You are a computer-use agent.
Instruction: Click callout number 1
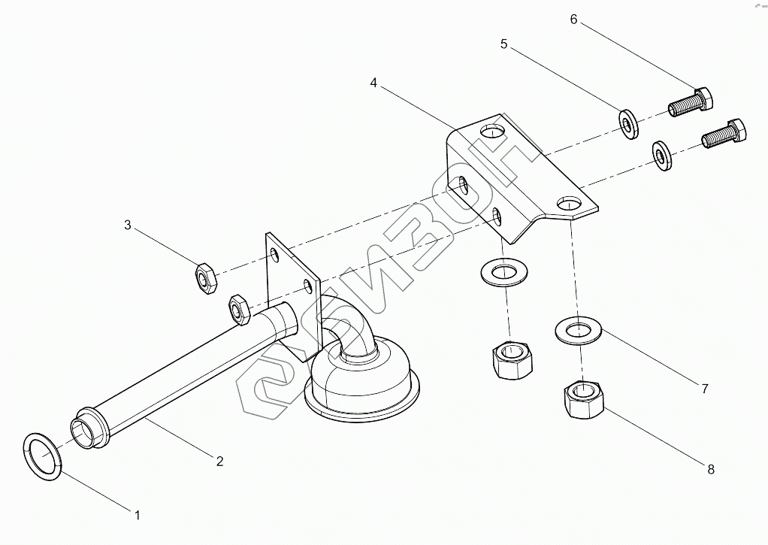[138, 515]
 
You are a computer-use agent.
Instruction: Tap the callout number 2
[219, 461]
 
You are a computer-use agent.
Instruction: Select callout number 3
[128, 225]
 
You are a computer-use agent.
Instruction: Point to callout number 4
[373, 83]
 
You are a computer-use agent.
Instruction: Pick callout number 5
[504, 44]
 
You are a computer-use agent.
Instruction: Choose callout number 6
[573, 19]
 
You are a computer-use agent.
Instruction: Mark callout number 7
[704, 389]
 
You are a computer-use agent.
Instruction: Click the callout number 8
[710, 469]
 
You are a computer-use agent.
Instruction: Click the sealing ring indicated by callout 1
[42, 454]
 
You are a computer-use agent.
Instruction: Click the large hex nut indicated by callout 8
[582, 400]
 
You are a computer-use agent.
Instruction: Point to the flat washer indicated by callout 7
[578, 330]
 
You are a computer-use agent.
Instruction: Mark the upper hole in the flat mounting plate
[277, 255]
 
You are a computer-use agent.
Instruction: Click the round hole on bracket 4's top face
[492, 131]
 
